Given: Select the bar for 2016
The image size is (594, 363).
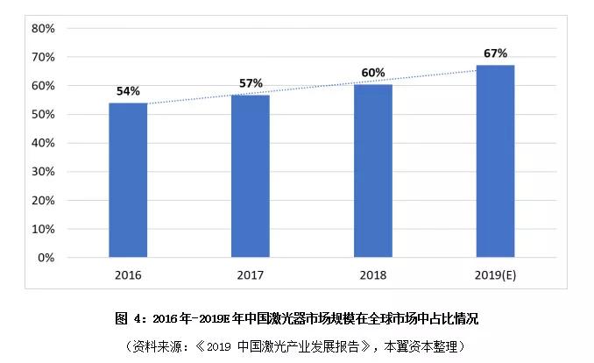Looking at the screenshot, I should (128, 180).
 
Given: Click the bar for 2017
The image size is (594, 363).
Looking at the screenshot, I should (251, 175).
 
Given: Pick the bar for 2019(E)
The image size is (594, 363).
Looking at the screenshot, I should (495, 161).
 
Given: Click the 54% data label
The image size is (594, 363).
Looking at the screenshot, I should (128, 90).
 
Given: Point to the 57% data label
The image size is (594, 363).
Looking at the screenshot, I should (251, 82).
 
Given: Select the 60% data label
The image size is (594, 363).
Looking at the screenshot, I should (373, 72).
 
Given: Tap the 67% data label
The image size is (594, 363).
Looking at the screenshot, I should (495, 53).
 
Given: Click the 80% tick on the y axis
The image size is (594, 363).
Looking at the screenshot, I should (43, 28).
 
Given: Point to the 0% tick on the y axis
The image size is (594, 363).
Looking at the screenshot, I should (46, 258).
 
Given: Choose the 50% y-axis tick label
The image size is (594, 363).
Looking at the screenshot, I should (43, 114).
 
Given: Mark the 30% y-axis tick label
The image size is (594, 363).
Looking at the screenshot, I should (43, 172).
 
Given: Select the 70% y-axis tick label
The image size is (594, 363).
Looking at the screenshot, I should (43, 57).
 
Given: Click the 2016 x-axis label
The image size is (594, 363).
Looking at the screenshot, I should (128, 274).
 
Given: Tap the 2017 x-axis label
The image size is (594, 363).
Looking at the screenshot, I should (251, 274).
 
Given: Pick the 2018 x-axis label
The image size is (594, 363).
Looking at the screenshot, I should (373, 274).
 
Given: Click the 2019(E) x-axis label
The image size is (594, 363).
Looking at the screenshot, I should (495, 274).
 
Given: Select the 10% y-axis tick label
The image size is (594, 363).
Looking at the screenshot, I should (43, 229).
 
